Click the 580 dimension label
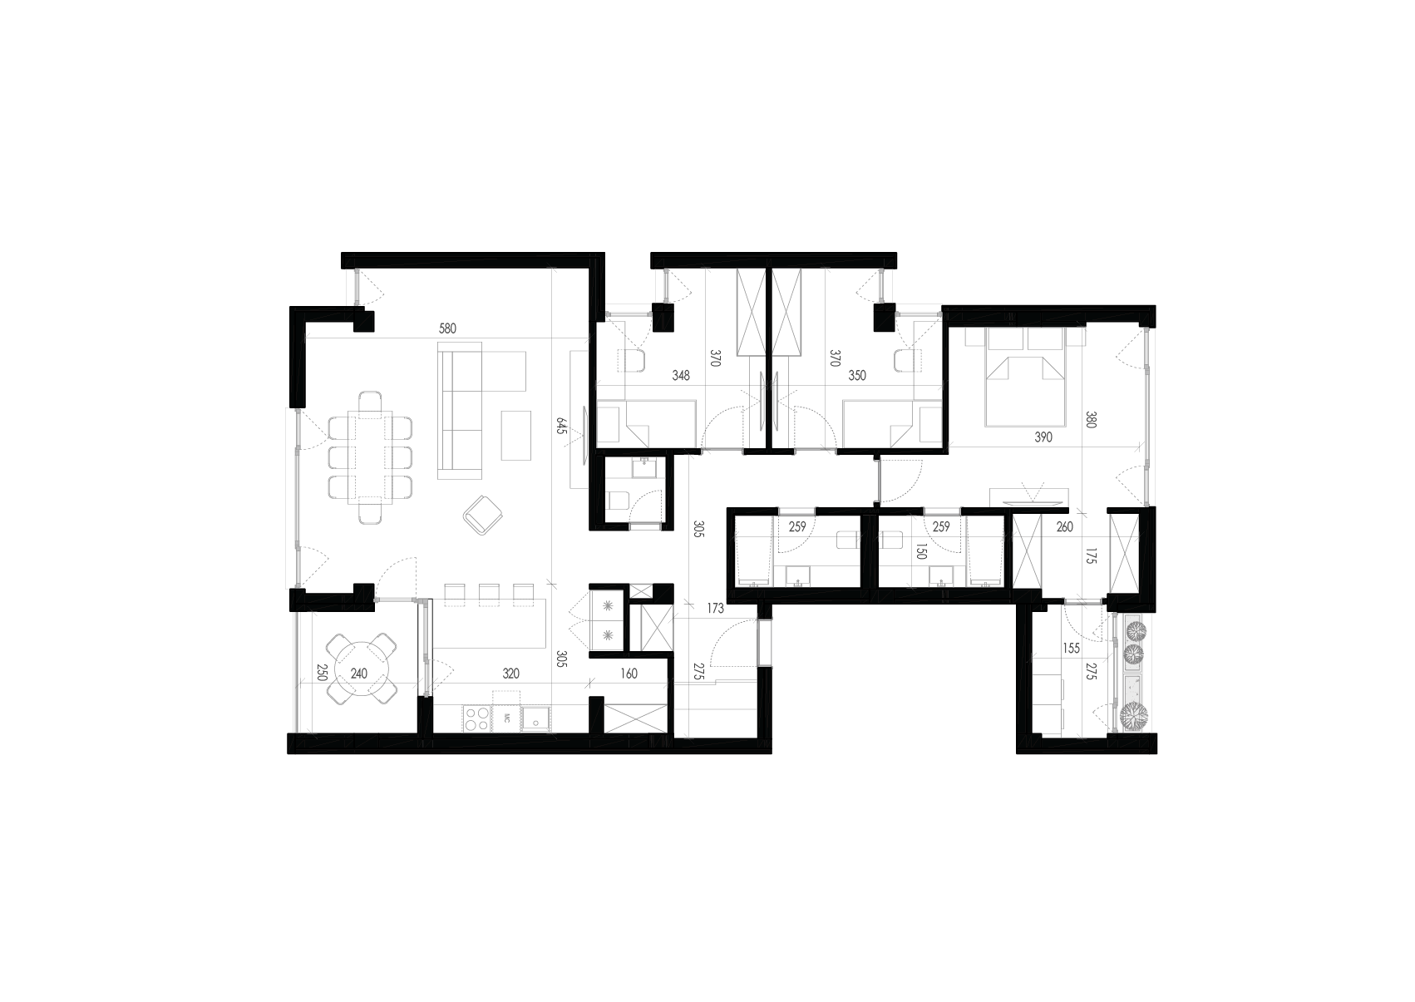447,328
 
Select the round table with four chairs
359,669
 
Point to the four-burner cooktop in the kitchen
476,718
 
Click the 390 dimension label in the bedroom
1043,437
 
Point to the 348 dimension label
680,376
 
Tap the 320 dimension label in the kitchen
510,674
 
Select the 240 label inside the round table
358,674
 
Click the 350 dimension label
856,376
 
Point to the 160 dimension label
629,674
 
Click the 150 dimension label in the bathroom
920,552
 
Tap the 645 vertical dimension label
562,427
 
